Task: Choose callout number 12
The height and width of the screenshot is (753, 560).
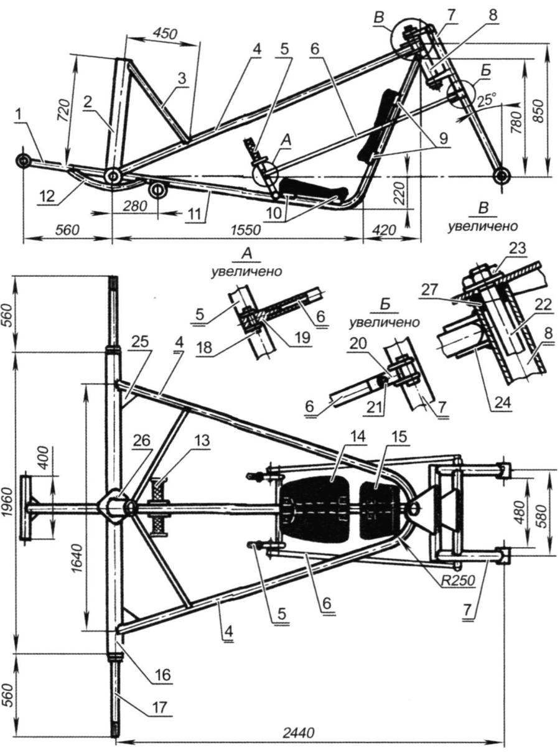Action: (47, 195)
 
